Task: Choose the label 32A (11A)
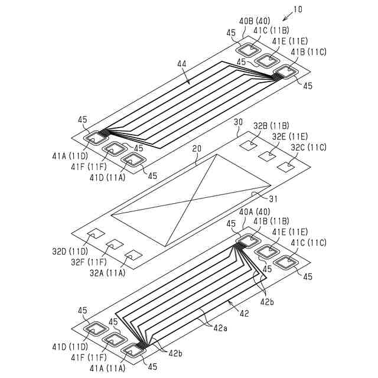pos(108,273)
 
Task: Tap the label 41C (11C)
pos(308,243)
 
